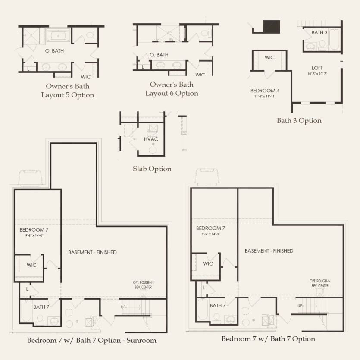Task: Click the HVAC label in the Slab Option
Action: click(151, 139)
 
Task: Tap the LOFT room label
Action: click(317, 68)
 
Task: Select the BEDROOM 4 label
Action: click(265, 91)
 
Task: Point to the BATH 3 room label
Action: click(319, 33)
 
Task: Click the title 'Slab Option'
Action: click(152, 169)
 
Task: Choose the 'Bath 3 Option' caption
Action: click(299, 121)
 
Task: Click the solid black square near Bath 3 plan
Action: click(271, 27)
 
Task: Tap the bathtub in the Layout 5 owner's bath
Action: click(58, 36)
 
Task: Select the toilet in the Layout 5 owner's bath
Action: click(90, 35)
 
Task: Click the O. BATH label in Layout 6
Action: click(159, 55)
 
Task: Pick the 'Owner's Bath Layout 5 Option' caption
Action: click(68, 91)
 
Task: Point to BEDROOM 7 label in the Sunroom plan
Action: click(34, 230)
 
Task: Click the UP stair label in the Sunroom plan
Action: click(123, 307)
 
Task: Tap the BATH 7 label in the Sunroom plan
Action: click(41, 307)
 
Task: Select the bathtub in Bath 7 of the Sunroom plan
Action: click(26, 311)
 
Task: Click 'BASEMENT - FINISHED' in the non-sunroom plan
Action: click(269, 251)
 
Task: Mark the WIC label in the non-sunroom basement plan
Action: click(208, 264)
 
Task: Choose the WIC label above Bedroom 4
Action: click(269, 58)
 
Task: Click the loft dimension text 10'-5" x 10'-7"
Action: click(317, 74)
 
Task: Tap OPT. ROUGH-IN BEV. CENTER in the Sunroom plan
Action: click(143, 285)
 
